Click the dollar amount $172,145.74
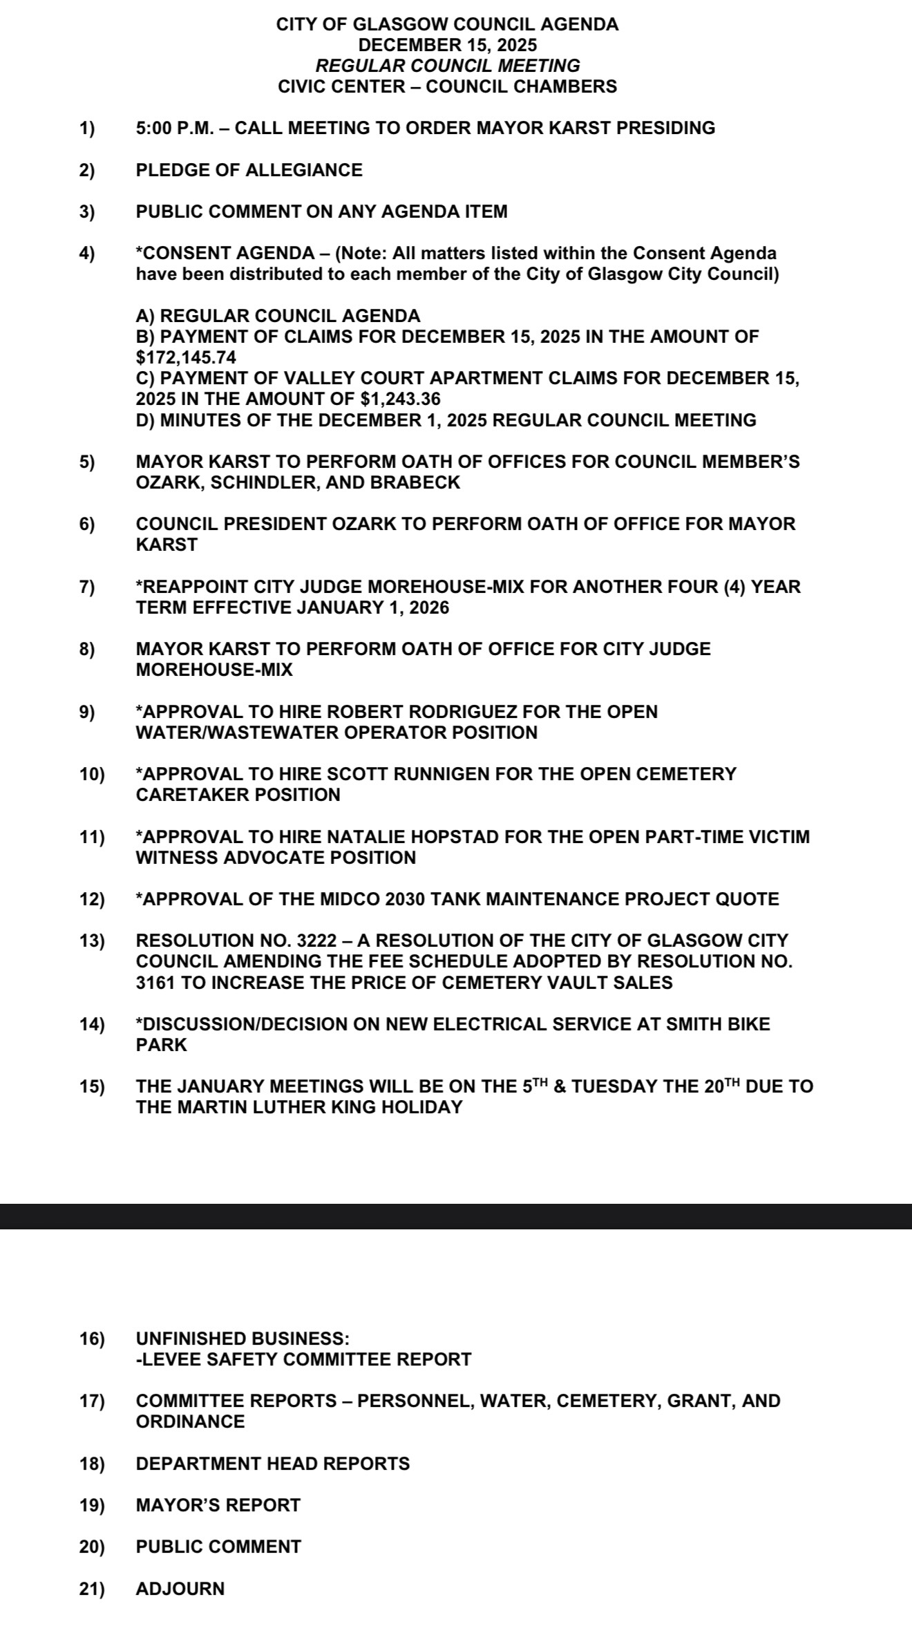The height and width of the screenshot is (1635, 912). click(x=186, y=357)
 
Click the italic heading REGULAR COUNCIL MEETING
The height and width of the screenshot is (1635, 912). click(x=447, y=66)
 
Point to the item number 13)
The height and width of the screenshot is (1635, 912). click(x=92, y=941)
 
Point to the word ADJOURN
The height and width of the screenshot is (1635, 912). click(x=180, y=1589)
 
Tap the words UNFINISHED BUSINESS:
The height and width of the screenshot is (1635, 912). click(x=243, y=1339)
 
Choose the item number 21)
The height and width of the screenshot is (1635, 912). click(x=92, y=1589)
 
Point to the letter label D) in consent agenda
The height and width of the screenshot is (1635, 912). click(x=146, y=420)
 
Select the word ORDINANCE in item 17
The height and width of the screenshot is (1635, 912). click(x=191, y=1421)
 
